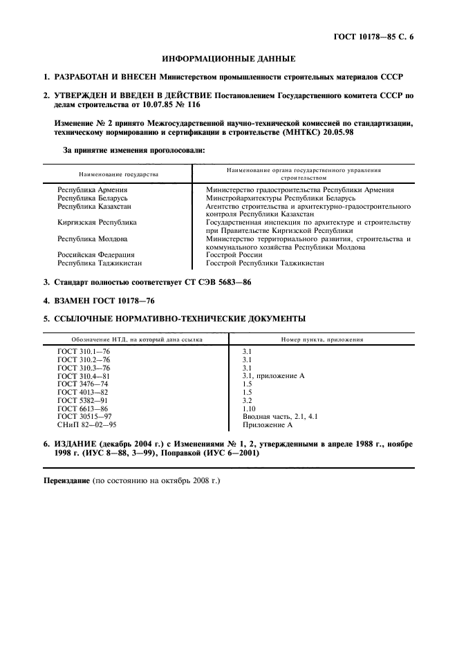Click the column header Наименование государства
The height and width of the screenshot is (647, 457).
119,174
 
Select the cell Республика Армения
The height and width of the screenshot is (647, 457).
93,189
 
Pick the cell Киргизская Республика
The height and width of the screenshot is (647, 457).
97,223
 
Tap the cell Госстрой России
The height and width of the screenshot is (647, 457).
234,255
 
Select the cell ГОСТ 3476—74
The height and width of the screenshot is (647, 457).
84,384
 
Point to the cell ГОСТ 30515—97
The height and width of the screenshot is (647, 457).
86,416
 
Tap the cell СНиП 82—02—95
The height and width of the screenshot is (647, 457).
86,424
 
